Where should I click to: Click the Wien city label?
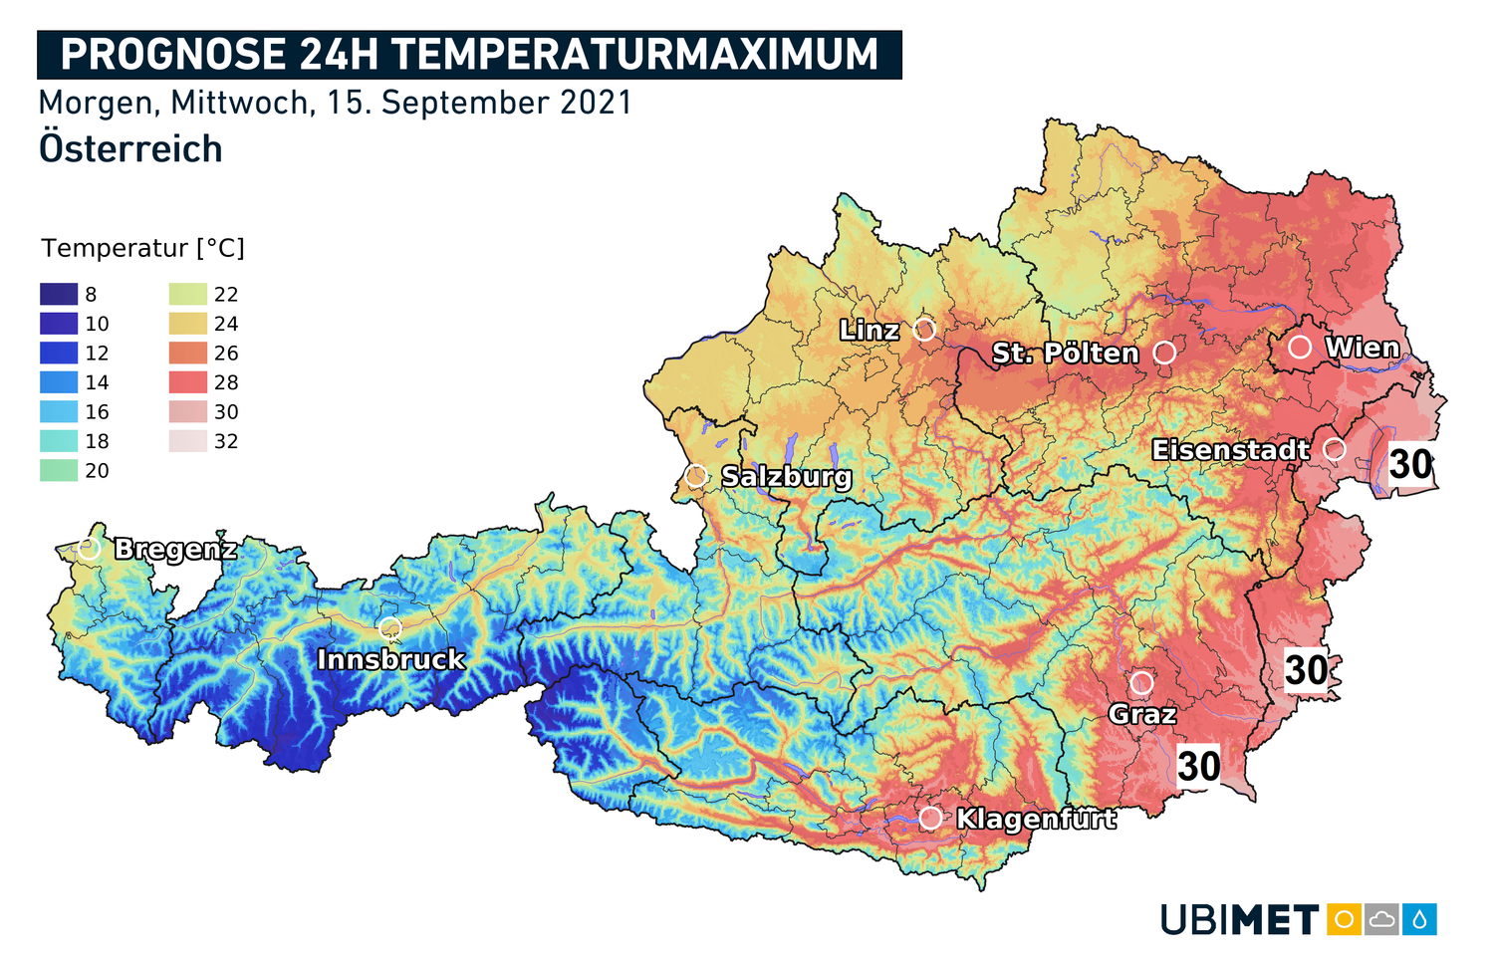click(x=1362, y=348)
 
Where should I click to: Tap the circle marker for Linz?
click(x=924, y=329)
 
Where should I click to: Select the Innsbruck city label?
click(x=390, y=659)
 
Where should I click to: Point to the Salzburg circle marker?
click(x=696, y=476)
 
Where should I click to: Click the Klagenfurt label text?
click(x=1036, y=819)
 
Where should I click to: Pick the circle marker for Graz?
click(x=1141, y=683)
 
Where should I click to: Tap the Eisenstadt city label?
click(x=1230, y=450)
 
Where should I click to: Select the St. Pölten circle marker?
click(x=1164, y=353)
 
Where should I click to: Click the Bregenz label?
click(x=175, y=549)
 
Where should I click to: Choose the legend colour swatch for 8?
click(x=59, y=295)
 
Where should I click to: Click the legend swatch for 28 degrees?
click(x=188, y=382)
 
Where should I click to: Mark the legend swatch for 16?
click(x=59, y=412)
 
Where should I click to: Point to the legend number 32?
click(x=226, y=441)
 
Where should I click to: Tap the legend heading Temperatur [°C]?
click(x=142, y=248)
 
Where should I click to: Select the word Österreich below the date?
click(x=130, y=149)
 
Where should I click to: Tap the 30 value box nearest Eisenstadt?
click(x=1410, y=465)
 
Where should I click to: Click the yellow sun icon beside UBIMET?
click(x=1343, y=919)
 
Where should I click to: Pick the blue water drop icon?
click(x=1419, y=919)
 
